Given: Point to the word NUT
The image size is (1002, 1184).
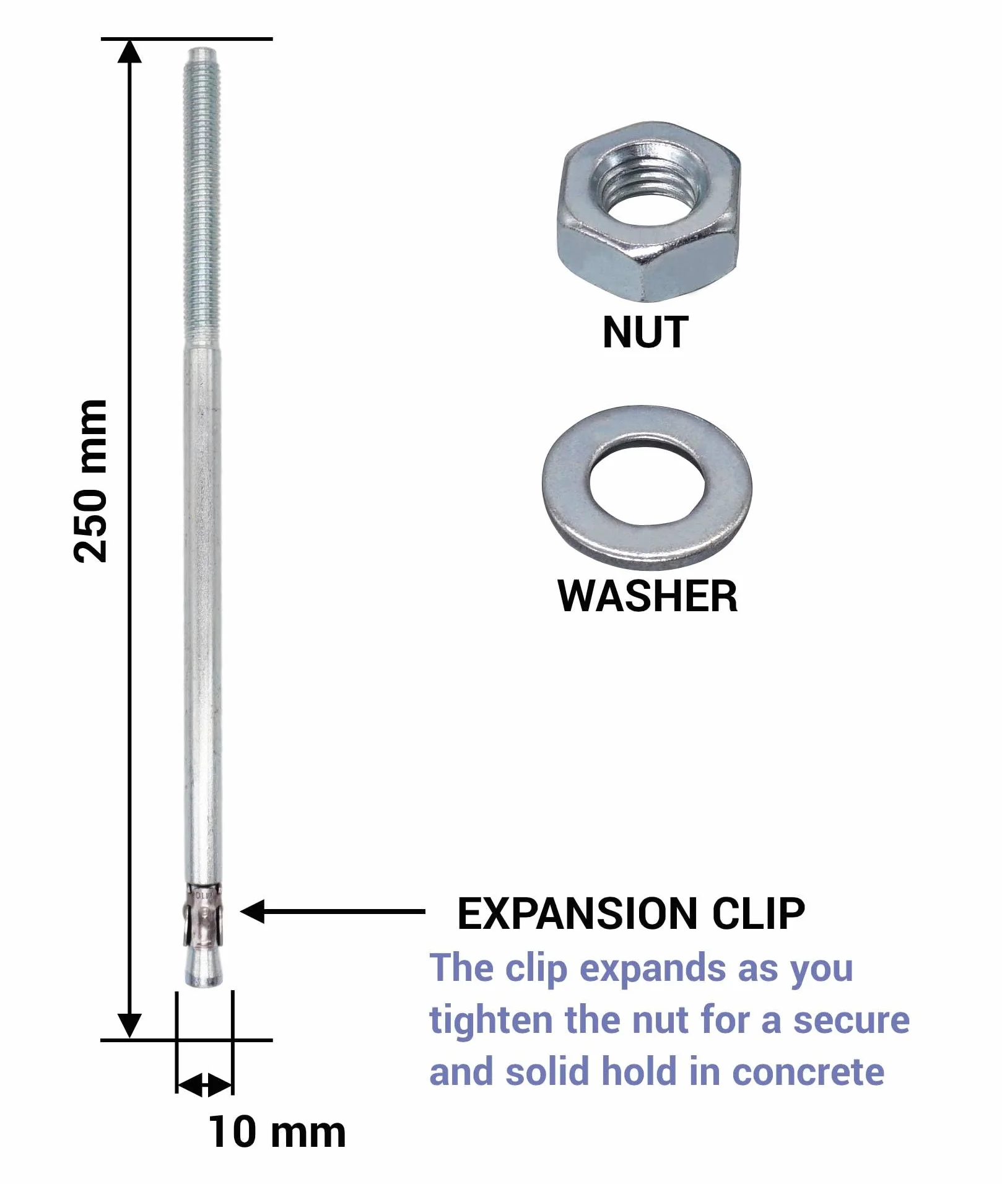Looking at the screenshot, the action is pyautogui.click(x=645, y=333).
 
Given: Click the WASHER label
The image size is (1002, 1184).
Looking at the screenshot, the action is pyautogui.click(x=648, y=596).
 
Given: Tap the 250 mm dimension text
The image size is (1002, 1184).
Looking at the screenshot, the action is pyautogui.click(x=90, y=481).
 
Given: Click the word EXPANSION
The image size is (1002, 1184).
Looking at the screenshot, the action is pyautogui.click(x=578, y=913).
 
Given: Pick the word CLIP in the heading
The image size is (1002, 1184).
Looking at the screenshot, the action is pyautogui.click(x=759, y=913).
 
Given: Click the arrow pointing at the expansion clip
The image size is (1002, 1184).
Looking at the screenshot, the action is pyautogui.click(x=333, y=912).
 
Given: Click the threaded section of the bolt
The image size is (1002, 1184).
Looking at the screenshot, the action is pyautogui.click(x=202, y=198).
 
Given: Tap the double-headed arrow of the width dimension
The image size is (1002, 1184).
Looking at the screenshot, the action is pyautogui.click(x=205, y=1085).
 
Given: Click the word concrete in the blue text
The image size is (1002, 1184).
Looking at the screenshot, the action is pyautogui.click(x=808, y=1072).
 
